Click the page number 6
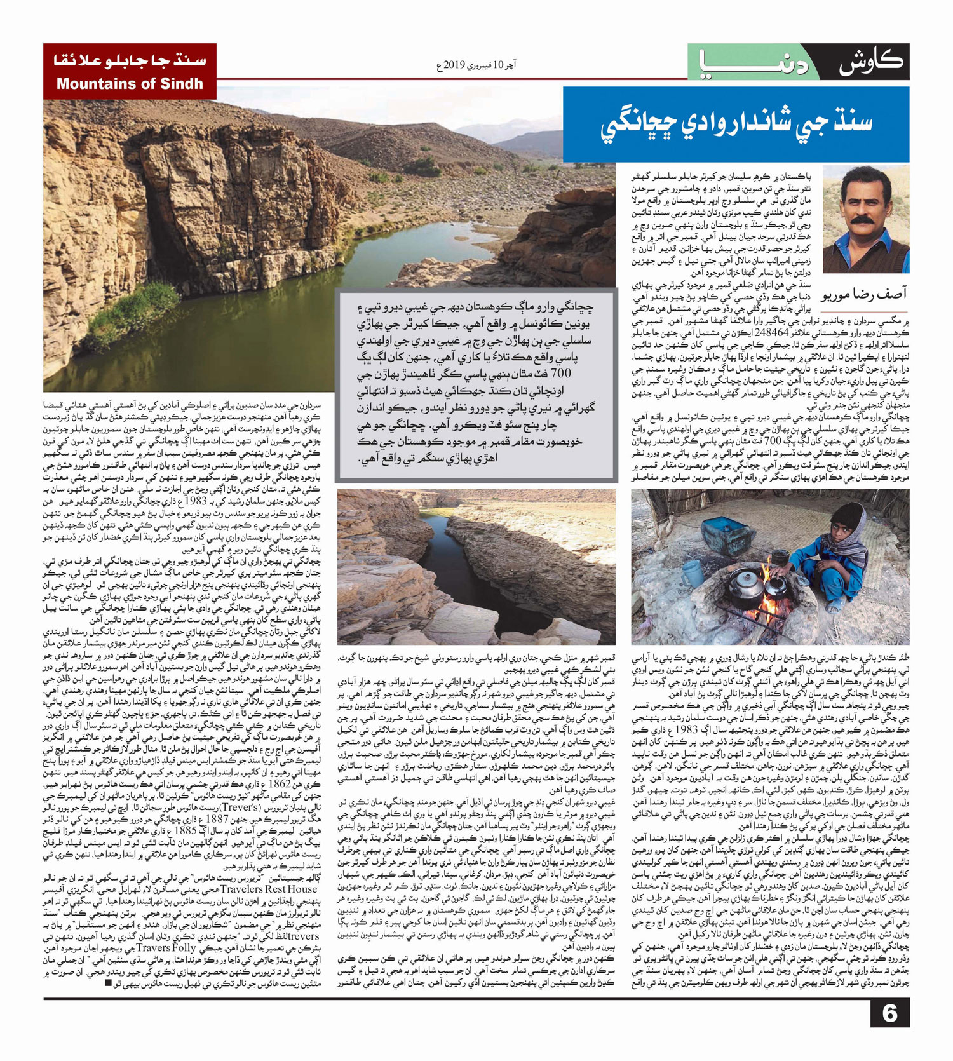(889, 1013)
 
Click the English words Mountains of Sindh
(130, 84)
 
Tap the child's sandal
(834, 606)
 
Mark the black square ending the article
(109, 983)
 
